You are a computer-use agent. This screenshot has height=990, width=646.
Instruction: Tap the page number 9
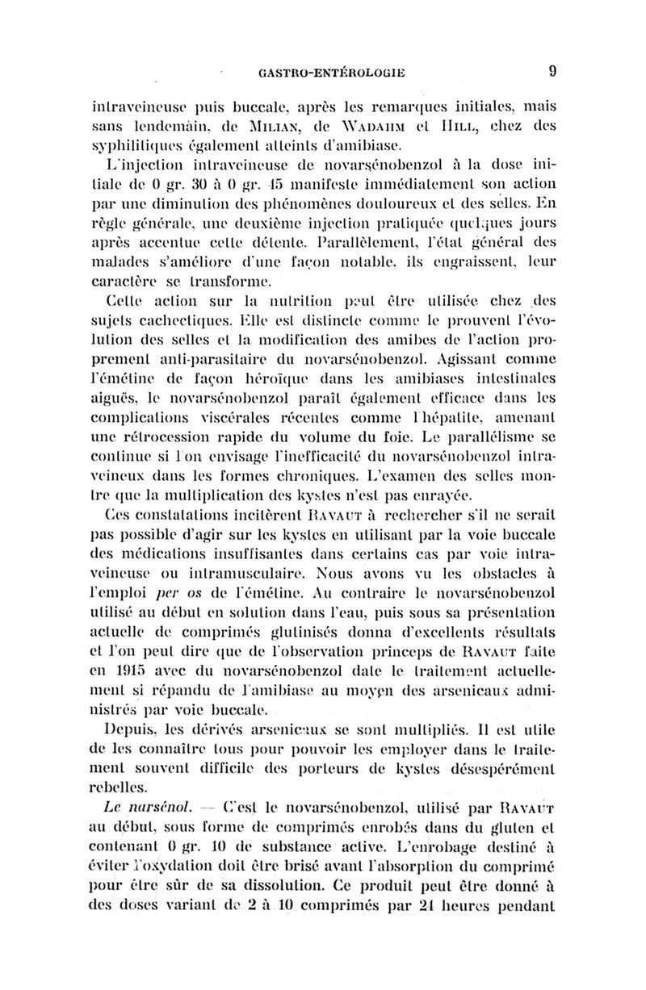(552, 71)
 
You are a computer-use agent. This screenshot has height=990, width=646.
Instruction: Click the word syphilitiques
(132, 143)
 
